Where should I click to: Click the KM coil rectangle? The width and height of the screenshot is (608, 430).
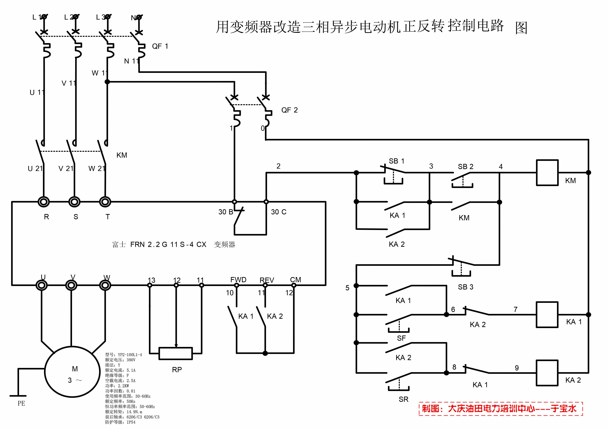tap(547, 173)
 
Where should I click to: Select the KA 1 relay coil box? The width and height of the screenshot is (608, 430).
tap(547, 315)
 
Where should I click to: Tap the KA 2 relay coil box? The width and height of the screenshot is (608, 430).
tap(547, 373)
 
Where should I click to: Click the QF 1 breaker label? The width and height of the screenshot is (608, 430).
tap(160, 46)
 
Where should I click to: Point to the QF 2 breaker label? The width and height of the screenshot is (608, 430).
tap(289, 110)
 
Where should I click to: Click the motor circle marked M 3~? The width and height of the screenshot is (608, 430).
tap(72, 372)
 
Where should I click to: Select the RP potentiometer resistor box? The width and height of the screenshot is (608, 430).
tap(175, 354)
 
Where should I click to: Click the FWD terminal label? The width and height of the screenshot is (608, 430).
tap(238, 280)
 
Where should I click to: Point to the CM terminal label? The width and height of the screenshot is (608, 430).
tap(296, 280)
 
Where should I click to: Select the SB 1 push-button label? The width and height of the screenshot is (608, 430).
tap(396, 161)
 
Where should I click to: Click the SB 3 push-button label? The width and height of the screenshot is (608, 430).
tap(466, 287)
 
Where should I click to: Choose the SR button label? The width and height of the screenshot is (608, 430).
tap(403, 399)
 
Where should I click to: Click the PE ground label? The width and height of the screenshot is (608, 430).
tap(21, 404)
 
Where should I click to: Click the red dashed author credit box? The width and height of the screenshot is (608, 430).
tap(501, 409)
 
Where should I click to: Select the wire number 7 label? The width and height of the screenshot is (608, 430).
tap(515, 310)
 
